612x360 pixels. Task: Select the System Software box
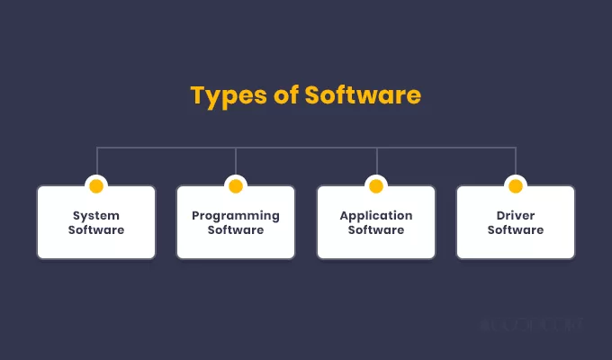coord(96,222)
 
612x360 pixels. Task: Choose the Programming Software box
coord(236,222)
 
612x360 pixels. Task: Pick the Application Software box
coord(376,222)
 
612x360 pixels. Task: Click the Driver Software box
coord(516,222)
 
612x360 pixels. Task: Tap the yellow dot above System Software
coord(96,186)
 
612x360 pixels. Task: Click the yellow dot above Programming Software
coord(236,186)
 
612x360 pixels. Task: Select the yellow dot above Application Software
coord(376,186)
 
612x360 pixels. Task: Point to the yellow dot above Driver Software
coord(516,186)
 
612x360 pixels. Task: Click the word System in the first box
coord(96,216)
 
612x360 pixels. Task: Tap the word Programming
coord(236,216)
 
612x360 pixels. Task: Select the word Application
coord(376,216)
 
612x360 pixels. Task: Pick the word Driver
coord(516,216)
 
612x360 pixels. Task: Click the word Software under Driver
coord(516,230)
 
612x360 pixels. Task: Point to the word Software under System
coord(96,230)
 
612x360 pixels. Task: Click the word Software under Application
coord(376,230)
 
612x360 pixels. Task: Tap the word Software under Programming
coord(236,230)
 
